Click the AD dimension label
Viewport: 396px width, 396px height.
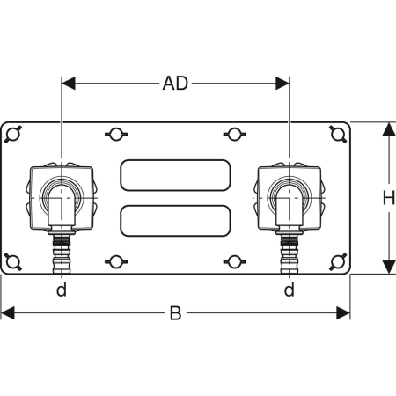[x=175, y=84]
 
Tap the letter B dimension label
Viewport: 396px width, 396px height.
[x=175, y=313]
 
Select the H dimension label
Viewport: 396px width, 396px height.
[x=389, y=198]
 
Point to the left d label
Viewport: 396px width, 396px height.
[x=62, y=290]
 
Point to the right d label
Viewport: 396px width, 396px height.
[x=290, y=290]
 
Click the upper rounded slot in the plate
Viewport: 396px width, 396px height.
[x=175, y=175]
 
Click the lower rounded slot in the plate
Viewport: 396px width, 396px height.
[x=175, y=221]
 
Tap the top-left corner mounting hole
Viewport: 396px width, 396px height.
[x=13, y=135]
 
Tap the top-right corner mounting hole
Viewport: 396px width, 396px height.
[x=337, y=135]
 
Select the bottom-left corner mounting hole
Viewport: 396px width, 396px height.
[x=13, y=261]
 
